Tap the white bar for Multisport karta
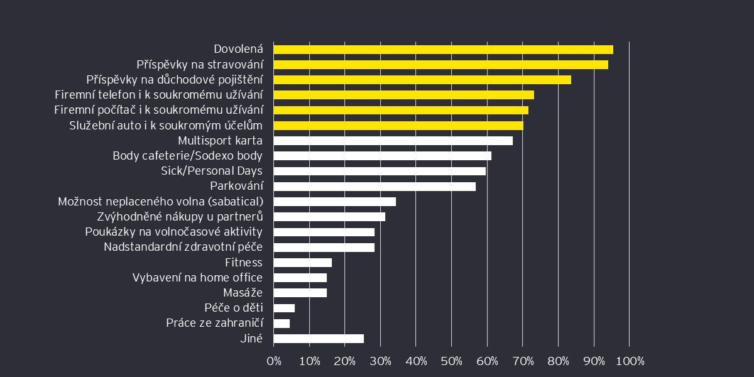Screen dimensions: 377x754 (393, 141)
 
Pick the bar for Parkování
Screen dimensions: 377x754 (374, 187)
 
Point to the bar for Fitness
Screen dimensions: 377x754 (302, 263)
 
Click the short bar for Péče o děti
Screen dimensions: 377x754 (284, 308)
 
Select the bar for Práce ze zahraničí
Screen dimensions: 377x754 (281, 324)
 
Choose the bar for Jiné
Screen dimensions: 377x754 (319, 339)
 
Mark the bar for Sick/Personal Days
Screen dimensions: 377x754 (380, 172)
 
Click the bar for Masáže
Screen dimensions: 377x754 (300, 293)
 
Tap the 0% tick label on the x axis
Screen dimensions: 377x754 (274, 361)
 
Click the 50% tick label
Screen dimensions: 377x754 (452, 361)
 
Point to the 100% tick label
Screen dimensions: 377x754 (630, 361)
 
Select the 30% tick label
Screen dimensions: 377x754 (381, 361)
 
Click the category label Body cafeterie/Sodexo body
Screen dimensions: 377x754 (187, 156)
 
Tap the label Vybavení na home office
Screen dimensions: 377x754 (197, 278)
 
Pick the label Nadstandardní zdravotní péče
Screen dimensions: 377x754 (183, 248)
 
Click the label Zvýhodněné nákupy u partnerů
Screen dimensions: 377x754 (180, 217)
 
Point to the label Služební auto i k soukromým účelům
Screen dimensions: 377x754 (166, 126)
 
